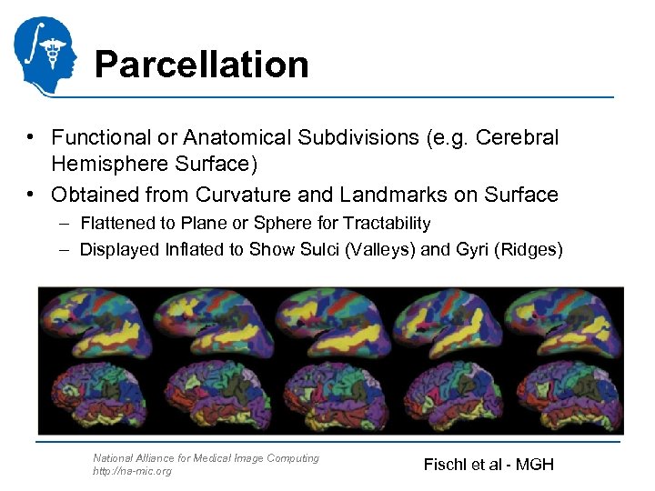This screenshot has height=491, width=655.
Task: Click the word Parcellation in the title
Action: coord(201,65)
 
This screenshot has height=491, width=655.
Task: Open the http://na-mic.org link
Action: coord(132,471)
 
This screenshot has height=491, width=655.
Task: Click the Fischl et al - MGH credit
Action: coord(489,465)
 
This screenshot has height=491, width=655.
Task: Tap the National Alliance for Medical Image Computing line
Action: coord(207,458)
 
